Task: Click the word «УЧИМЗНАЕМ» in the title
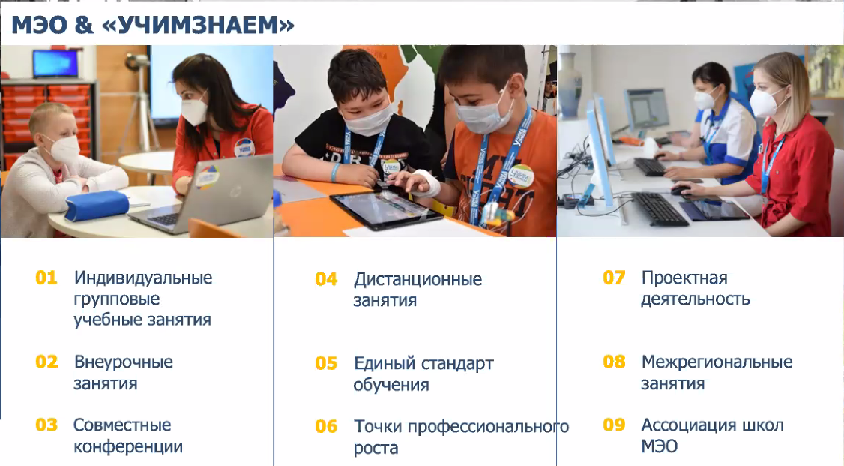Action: [x=198, y=25]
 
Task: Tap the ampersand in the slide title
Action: [x=84, y=25]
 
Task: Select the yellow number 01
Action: [x=46, y=278]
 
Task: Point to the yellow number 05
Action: [x=326, y=364]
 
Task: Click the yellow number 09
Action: [x=614, y=425]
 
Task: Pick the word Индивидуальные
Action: [x=143, y=278]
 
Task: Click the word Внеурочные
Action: [x=123, y=362]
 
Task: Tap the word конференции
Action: [x=128, y=446]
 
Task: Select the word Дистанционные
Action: [x=418, y=280]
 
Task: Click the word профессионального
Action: [x=488, y=427]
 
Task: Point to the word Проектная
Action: [x=684, y=278]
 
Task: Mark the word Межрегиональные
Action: [x=717, y=362]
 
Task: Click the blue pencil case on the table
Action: [x=97, y=206]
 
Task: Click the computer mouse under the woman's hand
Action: [x=681, y=190]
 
